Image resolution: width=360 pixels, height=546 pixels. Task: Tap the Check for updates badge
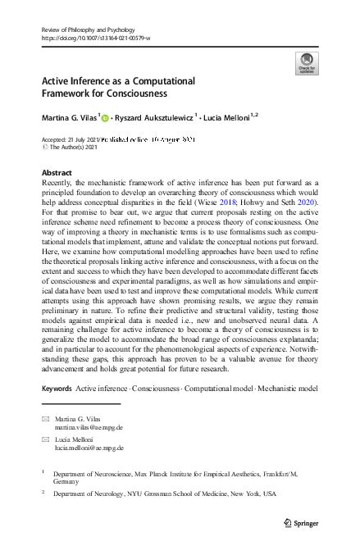pyautogui.click(x=306, y=62)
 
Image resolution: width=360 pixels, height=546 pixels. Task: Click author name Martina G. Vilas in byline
pyautogui.click(x=69, y=119)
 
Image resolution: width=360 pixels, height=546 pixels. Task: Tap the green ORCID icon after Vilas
pyautogui.click(x=105, y=119)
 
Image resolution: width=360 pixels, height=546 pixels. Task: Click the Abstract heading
pyautogui.click(x=57, y=173)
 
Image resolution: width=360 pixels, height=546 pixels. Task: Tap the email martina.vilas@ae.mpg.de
pyautogui.click(x=89, y=428)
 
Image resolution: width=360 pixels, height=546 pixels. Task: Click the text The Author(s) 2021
pyautogui.click(x=73, y=148)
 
